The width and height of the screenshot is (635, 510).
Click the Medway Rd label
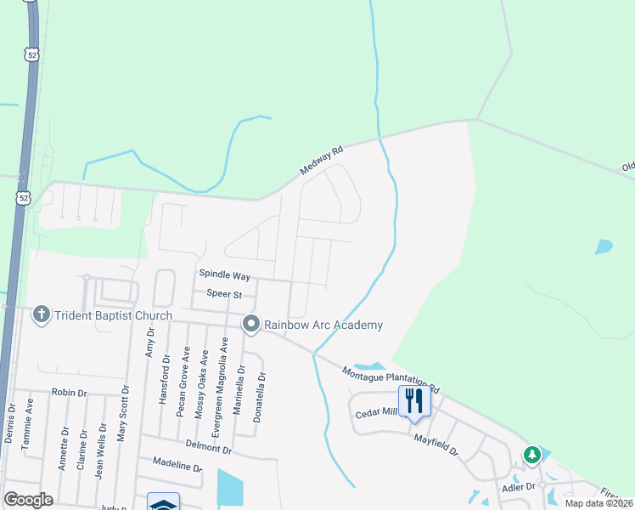[x=322, y=161]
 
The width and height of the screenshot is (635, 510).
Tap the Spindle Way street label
[x=225, y=275]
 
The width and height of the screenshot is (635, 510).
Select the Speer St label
[x=225, y=294]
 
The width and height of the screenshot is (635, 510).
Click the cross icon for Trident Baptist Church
[x=40, y=315]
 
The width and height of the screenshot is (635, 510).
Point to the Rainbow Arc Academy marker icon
[x=250, y=324]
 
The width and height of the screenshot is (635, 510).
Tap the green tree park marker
[x=532, y=455]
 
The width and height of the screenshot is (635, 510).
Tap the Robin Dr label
[x=69, y=393]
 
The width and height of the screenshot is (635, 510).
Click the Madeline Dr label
[x=177, y=465]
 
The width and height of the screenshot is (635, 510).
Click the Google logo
[x=29, y=500]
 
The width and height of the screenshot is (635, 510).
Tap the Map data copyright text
[x=598, y=503]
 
